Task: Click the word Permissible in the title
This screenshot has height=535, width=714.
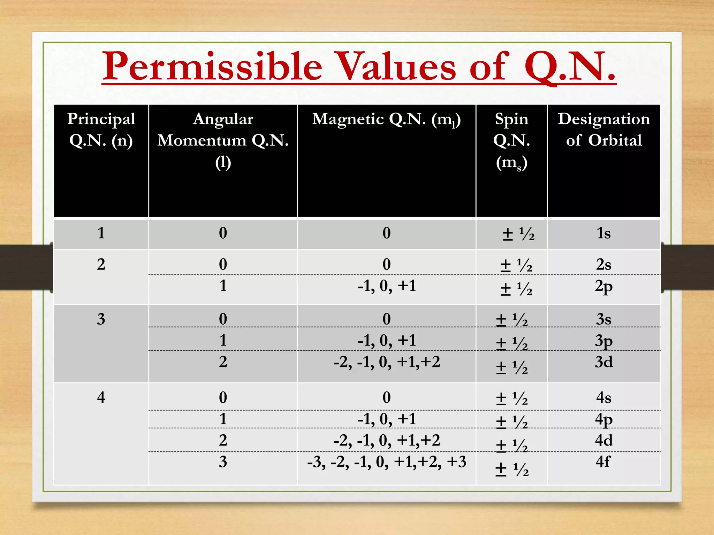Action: tap(212, 66)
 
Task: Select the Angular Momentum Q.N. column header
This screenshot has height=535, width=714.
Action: tap(223, 140)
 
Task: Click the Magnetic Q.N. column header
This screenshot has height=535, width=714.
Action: tap(386, 119)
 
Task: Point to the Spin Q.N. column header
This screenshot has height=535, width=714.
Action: tap(511, 140)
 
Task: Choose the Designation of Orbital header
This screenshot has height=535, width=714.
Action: tap(604, 130)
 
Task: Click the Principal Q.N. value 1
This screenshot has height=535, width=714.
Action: tap(101, 233)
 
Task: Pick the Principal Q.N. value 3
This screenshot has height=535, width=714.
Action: tap(101, 319)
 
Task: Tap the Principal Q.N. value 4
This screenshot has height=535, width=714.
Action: tap(101, 397)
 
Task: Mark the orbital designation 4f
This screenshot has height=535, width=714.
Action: tap(603, 462)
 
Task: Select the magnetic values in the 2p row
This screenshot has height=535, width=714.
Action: tap(387, 286)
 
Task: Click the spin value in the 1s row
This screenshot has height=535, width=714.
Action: tap(518, 234)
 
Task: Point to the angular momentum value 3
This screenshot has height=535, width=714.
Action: tap(223, 462)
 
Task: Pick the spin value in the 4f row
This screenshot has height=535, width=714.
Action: tap(512, 470)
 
